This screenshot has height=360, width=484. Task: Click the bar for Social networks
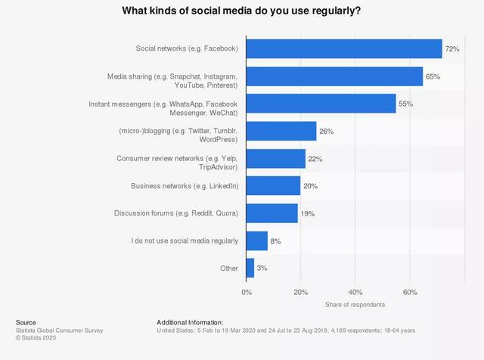pos(344,49)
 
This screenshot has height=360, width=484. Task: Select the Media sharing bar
pos(334,76)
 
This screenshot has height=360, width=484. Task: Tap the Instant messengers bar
pos(321,104)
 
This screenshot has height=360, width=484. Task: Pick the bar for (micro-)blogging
pos(281,132)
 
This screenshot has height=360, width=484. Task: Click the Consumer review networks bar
pos(276,159)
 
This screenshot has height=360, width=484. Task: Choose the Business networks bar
pos(273,186)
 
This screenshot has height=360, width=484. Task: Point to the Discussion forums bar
pos(271,213)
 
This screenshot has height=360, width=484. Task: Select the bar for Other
pos(250,268)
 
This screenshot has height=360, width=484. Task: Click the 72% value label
pos(452,49)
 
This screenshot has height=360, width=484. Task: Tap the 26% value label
pos(327,132)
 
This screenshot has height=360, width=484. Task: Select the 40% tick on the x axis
pos(355,291)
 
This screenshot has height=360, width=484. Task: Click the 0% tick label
pos(247,291)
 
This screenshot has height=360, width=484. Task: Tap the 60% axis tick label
pos(410,291)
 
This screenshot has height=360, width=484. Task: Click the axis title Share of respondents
pos(355,305)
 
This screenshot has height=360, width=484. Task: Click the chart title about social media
pos(241,12)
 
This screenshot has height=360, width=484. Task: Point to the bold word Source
pos(26,322)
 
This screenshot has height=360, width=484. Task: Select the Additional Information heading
pos(190,322)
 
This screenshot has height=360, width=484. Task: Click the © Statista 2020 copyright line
pos(38,338)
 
